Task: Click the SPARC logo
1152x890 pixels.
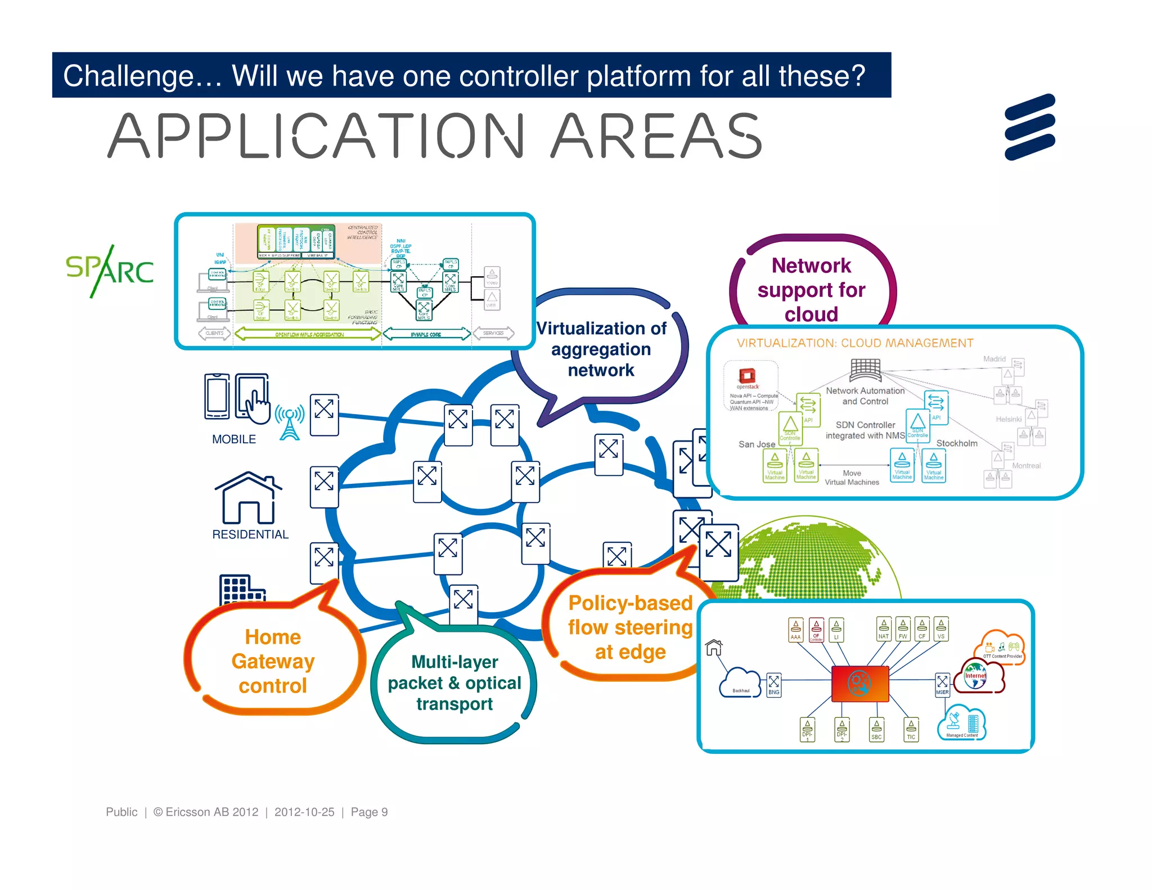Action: point(110,271)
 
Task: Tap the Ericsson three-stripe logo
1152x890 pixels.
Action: point(1030,127)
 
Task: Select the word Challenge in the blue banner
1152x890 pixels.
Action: point(128,76)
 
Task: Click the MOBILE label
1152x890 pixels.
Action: point(233,439)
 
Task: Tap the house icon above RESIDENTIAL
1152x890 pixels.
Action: point(247,498)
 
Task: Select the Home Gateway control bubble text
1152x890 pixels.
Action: point(273,661)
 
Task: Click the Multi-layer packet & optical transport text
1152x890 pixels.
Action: point(454,682)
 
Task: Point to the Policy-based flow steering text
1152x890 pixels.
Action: point(630,627)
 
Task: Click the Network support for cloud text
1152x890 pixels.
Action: point(811,290)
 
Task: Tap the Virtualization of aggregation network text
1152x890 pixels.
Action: point(601,349)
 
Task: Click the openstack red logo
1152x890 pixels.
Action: point(748,376)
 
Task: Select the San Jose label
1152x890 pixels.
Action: point(757,444)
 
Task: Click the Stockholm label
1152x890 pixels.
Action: point(957,443)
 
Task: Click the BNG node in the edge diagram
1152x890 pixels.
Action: point(774,685)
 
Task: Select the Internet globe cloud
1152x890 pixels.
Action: point(976,678)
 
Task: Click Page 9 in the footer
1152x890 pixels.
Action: point(369,812)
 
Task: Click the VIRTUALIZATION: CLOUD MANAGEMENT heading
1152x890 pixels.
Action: point(855,343)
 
